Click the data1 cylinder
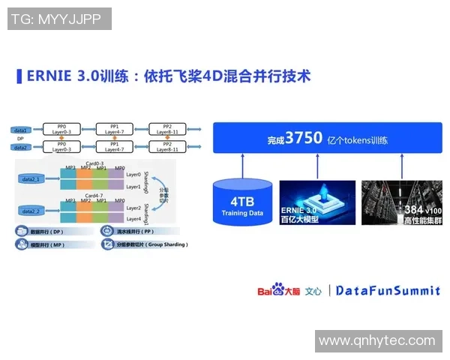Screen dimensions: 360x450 point(20,130)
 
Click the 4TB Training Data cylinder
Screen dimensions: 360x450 point(242,203)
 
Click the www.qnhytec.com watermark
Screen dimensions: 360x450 point(376,340)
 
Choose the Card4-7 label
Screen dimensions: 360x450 point(94,195)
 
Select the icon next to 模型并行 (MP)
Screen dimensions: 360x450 point(22,244)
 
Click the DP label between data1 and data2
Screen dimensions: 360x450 point(20,139)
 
